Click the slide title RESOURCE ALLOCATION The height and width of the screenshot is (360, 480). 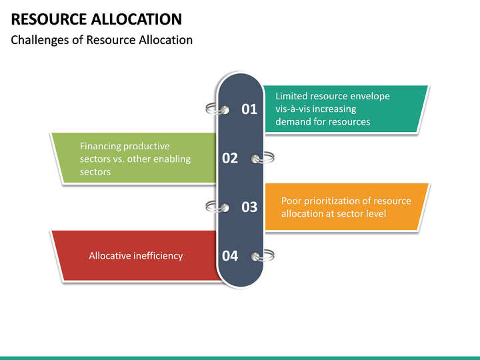coord(97,19)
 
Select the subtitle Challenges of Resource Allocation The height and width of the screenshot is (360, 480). coord(102,40)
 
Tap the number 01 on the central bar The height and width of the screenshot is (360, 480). coord(249,109)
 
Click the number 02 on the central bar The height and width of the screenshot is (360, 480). coord(230,158)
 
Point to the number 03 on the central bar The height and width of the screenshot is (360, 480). coord(249,207)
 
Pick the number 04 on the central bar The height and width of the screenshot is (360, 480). coord(230,256)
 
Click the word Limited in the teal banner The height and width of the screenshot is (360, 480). coord(293,96)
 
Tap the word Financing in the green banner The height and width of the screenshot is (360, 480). coord(101,146)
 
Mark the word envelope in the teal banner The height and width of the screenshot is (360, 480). coord(369,96)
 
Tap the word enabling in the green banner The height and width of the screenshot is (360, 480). coord(172,159)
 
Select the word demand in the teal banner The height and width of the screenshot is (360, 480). coord(293,121)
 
